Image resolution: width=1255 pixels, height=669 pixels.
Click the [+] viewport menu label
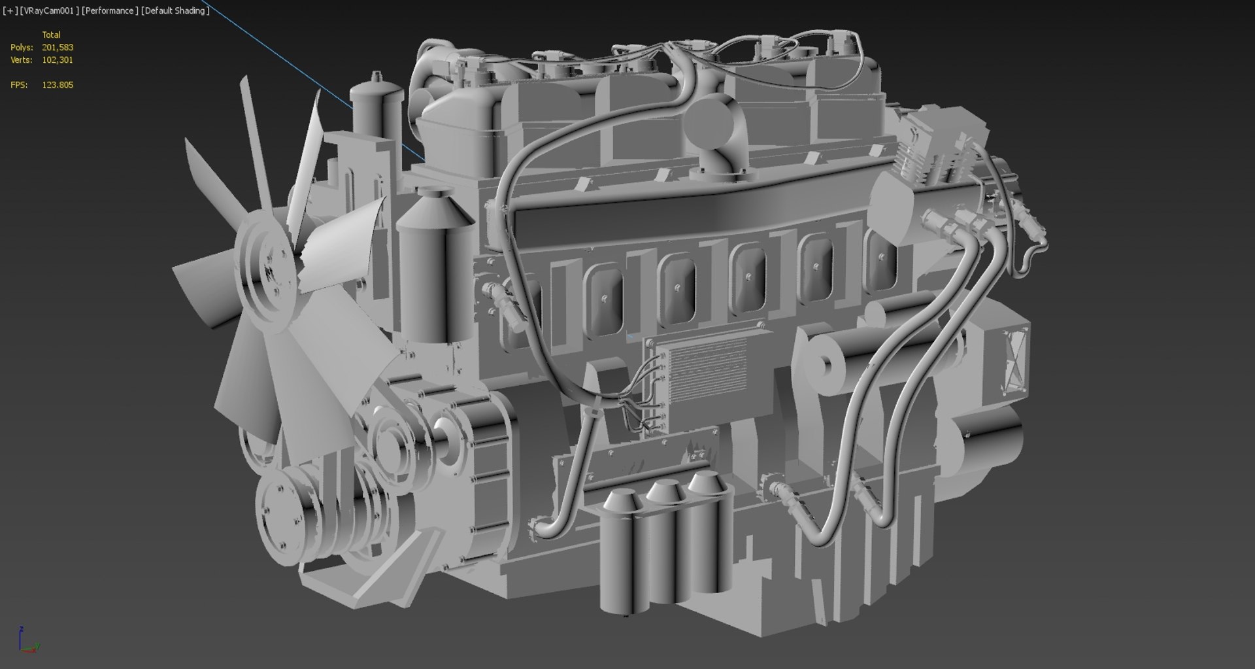[10, 10]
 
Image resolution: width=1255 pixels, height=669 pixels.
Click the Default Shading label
[175, 10]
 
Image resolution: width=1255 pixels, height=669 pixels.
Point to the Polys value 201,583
[58, 47]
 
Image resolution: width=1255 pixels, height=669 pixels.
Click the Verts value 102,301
[58, 60]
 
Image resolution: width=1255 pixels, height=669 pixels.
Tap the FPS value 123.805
[58, 85]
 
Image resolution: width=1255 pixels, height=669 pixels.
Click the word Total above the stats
[51, 35]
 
